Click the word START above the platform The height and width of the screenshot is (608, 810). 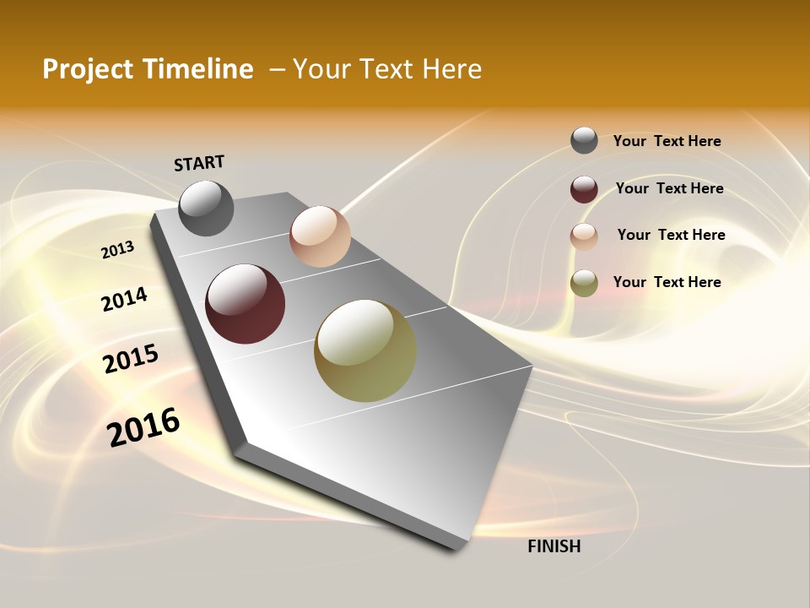[x=199, y=163]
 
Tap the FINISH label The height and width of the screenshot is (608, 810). [x=553, y=546]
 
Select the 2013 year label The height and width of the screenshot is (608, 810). [x=117, y=250]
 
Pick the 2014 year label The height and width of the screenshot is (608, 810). [x=124, y=299]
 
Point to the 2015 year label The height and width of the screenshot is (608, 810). [x=131, y=359]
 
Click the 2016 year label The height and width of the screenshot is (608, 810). [x=143, y=427]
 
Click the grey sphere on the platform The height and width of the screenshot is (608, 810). [x=207, y=208]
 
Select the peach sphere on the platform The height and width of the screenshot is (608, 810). [x=320, y=236]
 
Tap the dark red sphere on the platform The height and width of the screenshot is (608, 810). [x=245, y=304]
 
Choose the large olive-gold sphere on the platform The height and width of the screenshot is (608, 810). [x=365, y=350]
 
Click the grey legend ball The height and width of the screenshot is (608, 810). [x=584, y=140]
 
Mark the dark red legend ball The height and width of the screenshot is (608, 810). [x=584, y=189]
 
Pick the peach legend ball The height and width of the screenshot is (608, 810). [x=584, y=236]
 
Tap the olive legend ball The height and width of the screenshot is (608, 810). [x=584, y=283]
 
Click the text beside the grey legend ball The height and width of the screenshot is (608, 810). [x=667, y=141]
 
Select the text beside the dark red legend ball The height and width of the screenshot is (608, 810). [x=669, y=188]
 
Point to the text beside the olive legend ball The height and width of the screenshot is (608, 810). [x=667, y=282]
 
